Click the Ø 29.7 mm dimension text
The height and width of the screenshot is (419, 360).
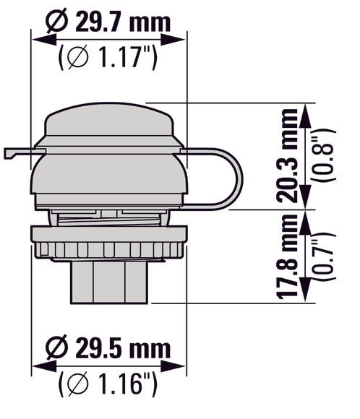coord(108,22)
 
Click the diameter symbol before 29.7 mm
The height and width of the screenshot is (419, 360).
coord(56,22)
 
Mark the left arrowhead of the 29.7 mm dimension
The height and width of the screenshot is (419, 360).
coord(35,40)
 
